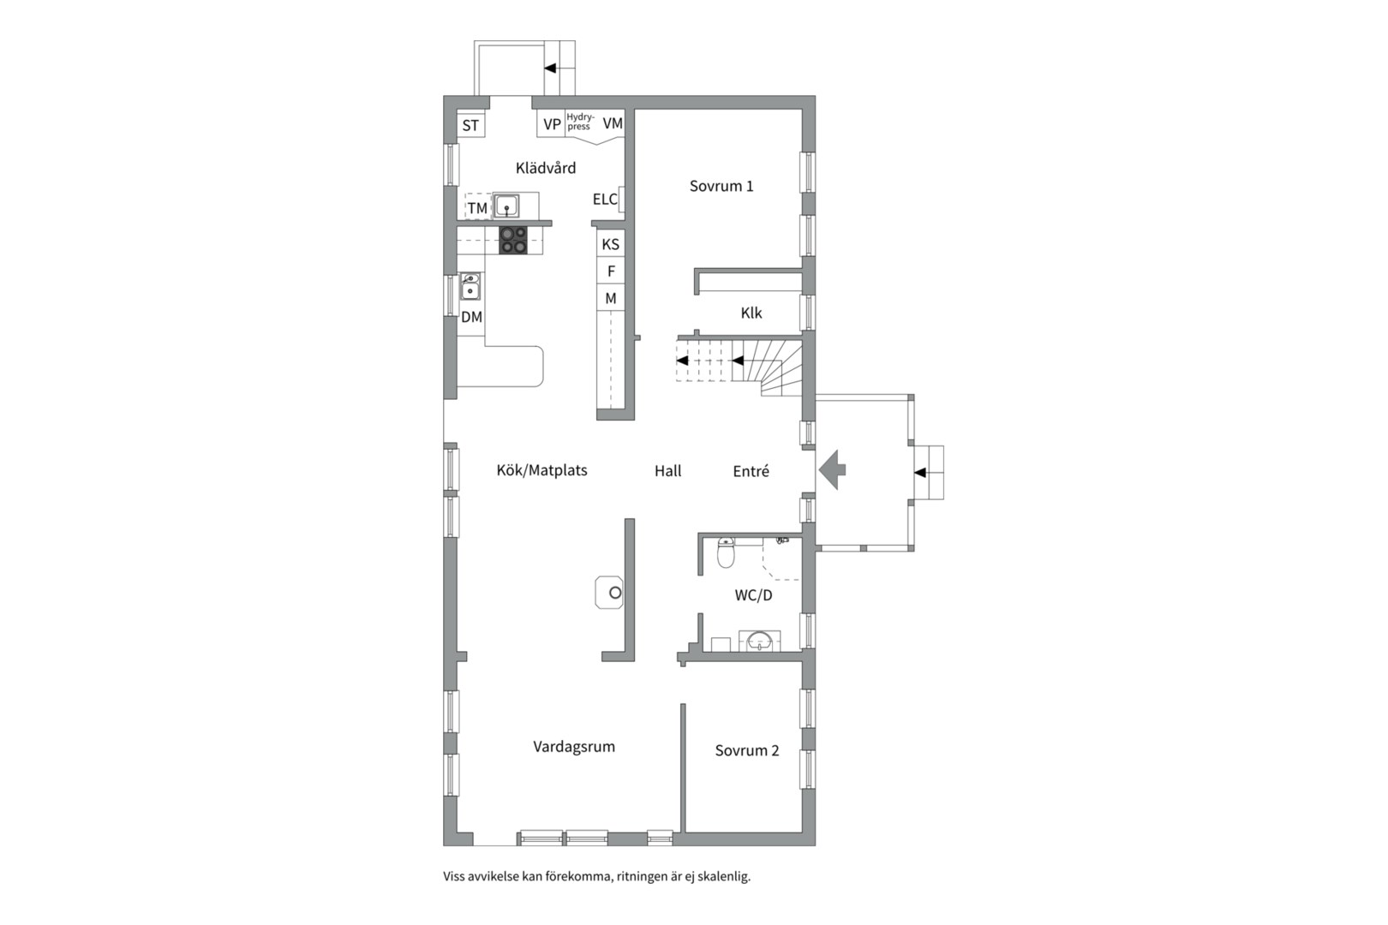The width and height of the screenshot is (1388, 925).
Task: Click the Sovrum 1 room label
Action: point(721,186)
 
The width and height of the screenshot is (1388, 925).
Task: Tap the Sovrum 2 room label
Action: point(746,750)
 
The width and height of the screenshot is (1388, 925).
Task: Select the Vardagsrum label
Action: point(574,747)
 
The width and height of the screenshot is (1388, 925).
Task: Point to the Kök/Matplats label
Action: point(541,470)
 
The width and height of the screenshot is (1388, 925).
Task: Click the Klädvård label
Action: point(545,168)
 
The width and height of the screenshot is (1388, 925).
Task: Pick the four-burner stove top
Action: point(514,240)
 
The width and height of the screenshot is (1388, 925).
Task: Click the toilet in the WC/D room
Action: point(726,552)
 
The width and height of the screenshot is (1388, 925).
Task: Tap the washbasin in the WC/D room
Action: point(759,642)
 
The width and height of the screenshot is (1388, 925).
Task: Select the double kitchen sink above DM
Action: point(470,286)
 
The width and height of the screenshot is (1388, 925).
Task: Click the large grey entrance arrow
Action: point(832,470)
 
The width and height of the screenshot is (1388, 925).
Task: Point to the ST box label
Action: point(470,126)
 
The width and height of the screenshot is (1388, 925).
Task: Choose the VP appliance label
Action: point(552,124)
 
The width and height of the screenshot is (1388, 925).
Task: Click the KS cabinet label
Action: point(610,244)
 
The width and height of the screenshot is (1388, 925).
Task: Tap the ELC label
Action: point(605,200)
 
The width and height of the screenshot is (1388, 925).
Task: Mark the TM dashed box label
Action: point(477,208)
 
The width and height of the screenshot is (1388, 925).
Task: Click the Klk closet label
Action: point(751,313)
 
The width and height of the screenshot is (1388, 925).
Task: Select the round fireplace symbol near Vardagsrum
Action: point(615,593)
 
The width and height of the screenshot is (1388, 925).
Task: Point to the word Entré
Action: point(751,471)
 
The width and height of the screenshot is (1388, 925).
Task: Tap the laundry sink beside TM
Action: point(507,206)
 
